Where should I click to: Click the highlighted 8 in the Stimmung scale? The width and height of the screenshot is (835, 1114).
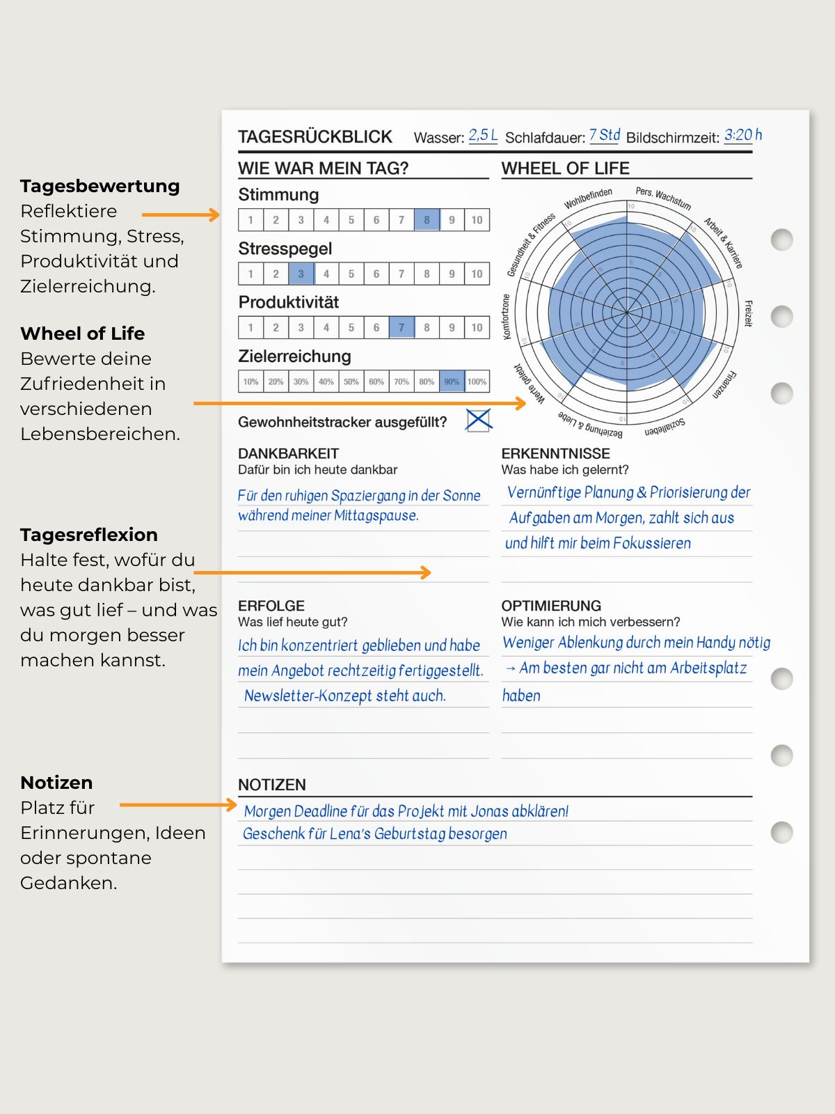pos(427,220)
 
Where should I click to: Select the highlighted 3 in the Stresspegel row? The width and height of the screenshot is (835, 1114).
pos(301,274)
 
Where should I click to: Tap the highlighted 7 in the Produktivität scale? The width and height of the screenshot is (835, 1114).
pos(401,327)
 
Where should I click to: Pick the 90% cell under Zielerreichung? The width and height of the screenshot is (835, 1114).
pos(452,382)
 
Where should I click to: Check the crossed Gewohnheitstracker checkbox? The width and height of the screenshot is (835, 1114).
pos(479,420)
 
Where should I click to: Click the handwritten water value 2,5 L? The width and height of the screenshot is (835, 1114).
pos(483,135)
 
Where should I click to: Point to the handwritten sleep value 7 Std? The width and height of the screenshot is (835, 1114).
pos(605,135)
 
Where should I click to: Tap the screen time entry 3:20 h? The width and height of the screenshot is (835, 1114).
pos(742,135)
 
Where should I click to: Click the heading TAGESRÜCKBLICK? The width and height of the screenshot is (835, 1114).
pos(315,137)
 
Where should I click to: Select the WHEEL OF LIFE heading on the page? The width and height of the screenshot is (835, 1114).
pos(565,168)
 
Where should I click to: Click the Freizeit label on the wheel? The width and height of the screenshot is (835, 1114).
pos(749,313)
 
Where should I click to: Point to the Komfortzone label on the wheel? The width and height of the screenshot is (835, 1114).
pos(507,317)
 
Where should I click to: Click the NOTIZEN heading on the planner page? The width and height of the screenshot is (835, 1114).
pos(272,785)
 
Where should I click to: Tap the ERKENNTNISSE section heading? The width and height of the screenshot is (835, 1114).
pos(555,453)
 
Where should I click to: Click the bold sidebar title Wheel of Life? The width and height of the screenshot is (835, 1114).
pos(83,334)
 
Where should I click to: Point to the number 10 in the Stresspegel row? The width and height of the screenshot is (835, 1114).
pos(477,274)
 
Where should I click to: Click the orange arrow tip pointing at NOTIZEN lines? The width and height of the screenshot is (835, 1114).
pos(233,805)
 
